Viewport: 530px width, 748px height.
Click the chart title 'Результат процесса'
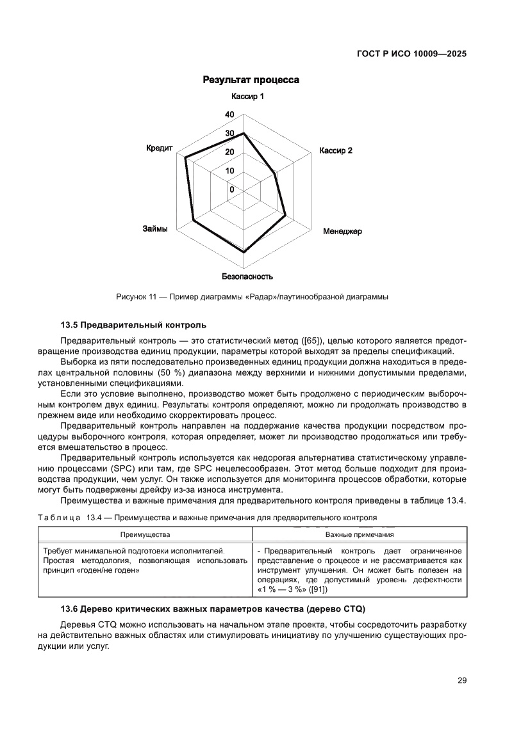click(x=251, y=80)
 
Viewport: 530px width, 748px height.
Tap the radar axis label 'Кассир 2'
click(x=336, y=151)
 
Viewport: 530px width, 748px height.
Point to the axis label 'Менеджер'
click(x=342, y=231)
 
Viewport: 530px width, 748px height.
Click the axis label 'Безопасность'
click(x=247, y=276)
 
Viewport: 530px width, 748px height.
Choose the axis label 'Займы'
click(x=155, y=228)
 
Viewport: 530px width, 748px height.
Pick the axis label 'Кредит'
click(x=160, y=148)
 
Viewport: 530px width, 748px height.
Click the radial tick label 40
click(x=229, y=115)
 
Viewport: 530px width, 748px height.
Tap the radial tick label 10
click(x=229, y=171)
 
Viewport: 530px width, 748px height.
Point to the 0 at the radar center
click(x=232, y=189)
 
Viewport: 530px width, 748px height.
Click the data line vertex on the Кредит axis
click(x=185, y=157)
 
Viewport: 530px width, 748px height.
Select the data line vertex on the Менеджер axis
click(x=285, y=217)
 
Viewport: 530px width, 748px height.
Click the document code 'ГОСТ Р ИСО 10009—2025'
click(x=411, y=54)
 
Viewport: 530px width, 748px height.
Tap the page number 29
click(x=461, y=680)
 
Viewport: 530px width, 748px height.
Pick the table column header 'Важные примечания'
click(x=360, y=534)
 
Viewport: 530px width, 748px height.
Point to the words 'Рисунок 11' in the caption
click(x=136, y=297)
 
